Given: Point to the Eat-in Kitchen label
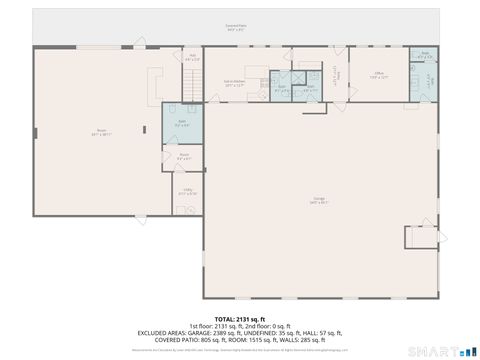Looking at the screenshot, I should point(234,83).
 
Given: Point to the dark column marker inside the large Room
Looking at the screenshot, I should point(35,130).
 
